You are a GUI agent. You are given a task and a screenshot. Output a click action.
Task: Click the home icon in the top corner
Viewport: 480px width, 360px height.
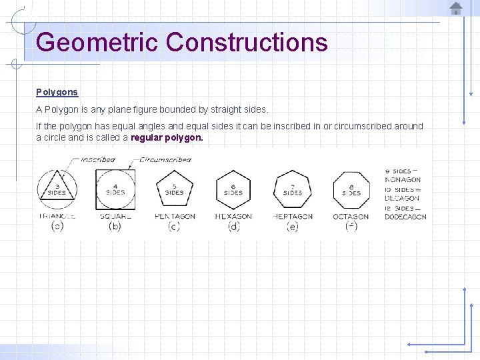pyautogui.click(x=456, y=9)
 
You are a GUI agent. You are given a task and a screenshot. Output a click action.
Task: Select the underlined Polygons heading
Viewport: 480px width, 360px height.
pyautogui.click(x=57, y=92)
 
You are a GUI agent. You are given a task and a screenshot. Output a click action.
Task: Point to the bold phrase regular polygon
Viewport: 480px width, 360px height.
pyautogui.click(x=167, y=137)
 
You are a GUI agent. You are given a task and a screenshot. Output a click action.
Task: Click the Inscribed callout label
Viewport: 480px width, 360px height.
pyautogui.click(x=98, y=160)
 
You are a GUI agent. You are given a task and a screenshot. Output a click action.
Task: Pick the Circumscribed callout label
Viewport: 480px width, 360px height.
pyautogui.click(x=165, y=160)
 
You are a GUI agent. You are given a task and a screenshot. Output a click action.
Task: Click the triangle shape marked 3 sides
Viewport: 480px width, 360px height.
pyautogui.click(x=57, y=188)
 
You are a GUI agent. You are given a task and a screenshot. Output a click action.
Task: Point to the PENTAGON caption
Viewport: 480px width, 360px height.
pyautogui.click(x=175, y=217)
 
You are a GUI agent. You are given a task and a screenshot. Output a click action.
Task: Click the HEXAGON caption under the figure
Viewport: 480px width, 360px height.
pyautogui.click(x=233, y=217)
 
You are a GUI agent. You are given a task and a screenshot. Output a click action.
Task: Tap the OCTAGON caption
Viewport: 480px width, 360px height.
pyautogui.click(x=351, y=217)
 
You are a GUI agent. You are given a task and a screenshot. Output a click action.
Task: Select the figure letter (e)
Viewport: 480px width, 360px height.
pyautogui.click(x=292, y=227)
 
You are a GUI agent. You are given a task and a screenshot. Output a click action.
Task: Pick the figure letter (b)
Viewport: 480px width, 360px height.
pyautogui.click(x=115, y=227)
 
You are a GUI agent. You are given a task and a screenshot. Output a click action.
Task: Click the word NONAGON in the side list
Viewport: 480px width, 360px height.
pyautogui.click(x=403, y=180)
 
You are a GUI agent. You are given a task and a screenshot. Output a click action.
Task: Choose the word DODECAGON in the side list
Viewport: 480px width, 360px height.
pyautogui.click(x=405, y=217)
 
